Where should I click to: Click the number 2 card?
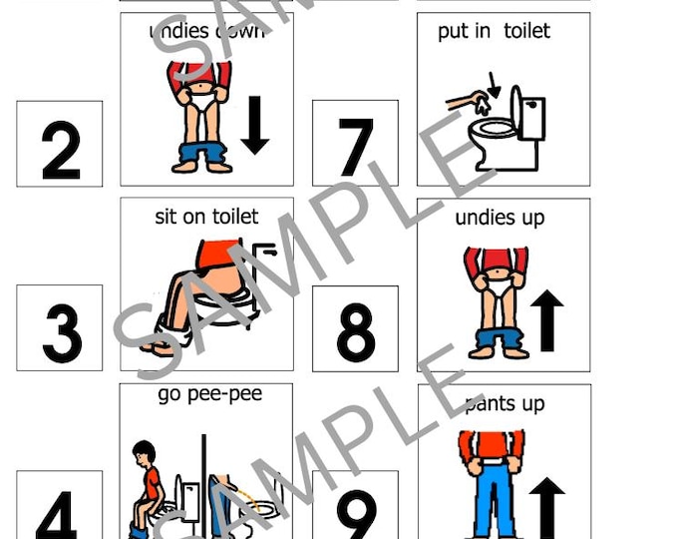pos(60,144)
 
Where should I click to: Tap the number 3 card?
pos(60,328)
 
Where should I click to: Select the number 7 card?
pos(355,144)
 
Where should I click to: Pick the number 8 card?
pos(355,328)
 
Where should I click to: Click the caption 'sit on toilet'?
pos(206,217)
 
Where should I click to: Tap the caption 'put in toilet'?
pos(494,31)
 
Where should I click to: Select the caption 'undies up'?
pos(500,218)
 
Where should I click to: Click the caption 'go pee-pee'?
pos(209,394)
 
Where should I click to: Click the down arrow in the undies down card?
pos(255,124)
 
